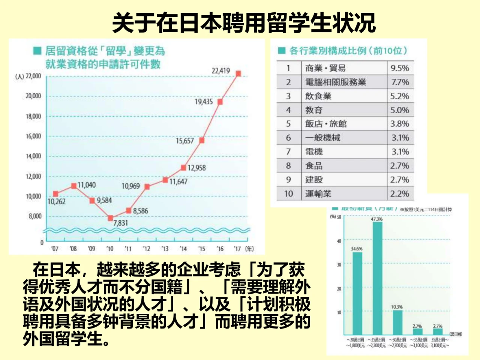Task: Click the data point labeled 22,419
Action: [238, 74]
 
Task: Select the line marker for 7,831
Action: [110, 218]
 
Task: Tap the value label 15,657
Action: [185, 141]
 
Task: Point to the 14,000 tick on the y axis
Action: [33, 156]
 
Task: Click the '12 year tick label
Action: [147, 249]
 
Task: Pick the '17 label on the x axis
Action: [237, 249]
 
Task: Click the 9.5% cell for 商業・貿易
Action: [400, 68]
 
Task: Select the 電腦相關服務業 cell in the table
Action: [335, 82]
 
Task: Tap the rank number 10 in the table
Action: [288, 193]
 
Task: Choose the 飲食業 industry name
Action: [318, 96]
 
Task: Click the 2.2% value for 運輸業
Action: [400, 193]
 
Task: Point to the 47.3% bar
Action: [377, 277]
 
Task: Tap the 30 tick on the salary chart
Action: [339, 265]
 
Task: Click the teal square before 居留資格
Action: [37, 51]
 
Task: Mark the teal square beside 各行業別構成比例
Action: [281, 51]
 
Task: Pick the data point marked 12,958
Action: [183, 168]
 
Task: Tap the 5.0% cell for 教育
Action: [400, 110]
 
